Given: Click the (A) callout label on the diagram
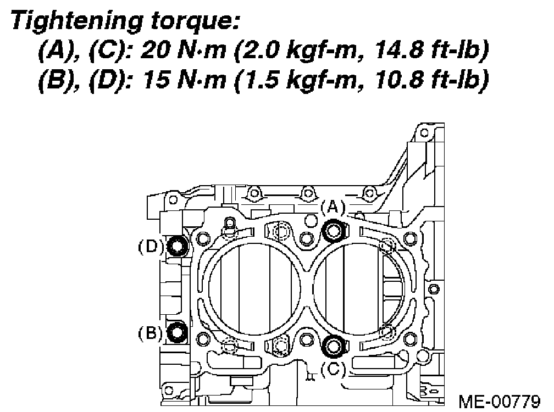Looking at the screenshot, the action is pos(333,208).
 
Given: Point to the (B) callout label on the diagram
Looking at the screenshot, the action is pos(150,333).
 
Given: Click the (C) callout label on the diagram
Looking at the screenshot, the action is pos(333,370).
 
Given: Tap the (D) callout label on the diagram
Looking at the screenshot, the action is pos(151,247).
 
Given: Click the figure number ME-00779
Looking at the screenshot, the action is pos(500,401).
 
